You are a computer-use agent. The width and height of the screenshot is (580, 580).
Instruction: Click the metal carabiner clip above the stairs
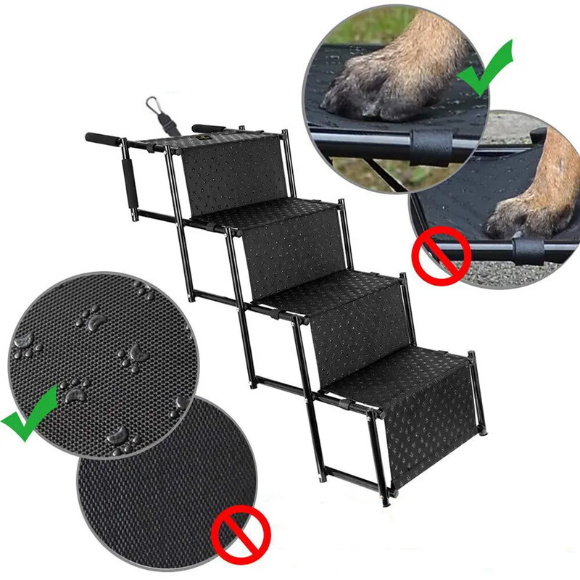[153, 107]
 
